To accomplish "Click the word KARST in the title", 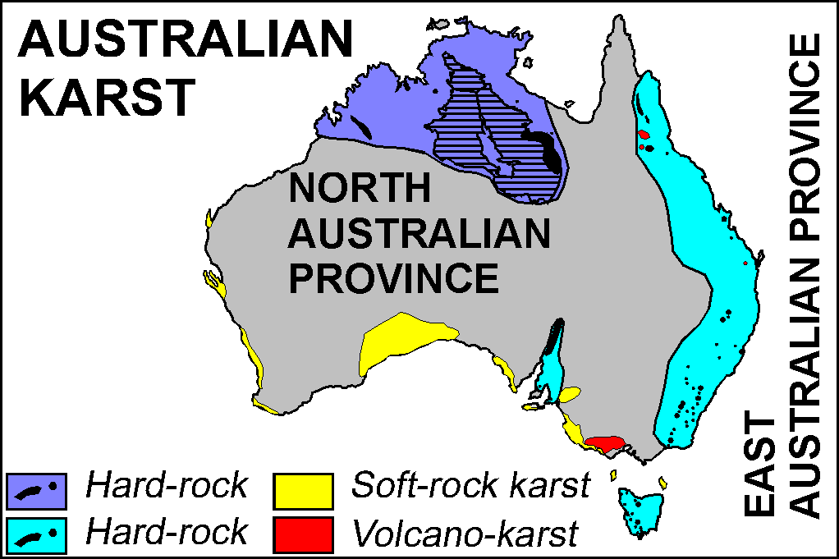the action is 108,97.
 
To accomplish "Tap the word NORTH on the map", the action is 360,190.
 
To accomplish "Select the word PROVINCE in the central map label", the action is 394,278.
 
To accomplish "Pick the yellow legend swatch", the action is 305,490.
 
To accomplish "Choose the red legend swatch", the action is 305,534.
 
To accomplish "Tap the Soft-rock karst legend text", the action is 470,486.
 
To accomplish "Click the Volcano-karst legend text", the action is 465,534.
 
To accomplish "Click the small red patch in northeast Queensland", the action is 644,134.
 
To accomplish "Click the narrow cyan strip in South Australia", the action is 551,361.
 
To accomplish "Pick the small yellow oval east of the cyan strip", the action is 570,395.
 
